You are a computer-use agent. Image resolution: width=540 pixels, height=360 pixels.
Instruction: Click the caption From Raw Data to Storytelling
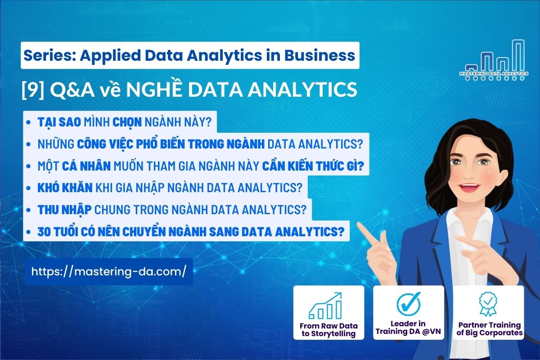tap(328, 329)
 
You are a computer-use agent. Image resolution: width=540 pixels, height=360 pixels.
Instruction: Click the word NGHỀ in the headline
tap(153, 90)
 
